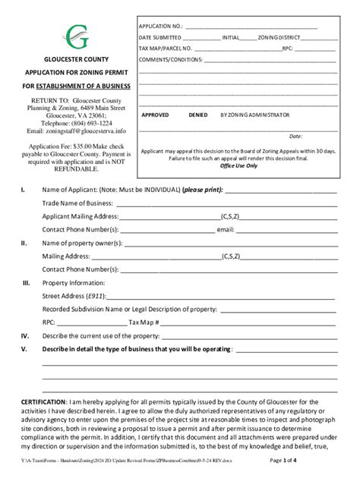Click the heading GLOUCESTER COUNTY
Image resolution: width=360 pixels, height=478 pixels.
coord(76,59)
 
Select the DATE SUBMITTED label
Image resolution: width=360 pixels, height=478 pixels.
coord(159,37)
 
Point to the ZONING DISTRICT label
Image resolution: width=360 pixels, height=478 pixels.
coord(279,37)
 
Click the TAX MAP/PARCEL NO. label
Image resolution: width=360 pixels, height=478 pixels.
coord(165,48)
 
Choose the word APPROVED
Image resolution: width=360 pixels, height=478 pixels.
coord(156,115)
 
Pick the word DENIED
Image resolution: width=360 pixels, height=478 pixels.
coord(197,115)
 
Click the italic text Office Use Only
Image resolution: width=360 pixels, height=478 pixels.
coord(238,165)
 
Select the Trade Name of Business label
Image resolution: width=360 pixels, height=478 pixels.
coord(77,203)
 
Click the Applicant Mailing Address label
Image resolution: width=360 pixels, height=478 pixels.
coord(80,216)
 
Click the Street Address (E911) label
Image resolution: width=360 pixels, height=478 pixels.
coord(74,296)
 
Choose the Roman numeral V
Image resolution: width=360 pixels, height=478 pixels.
coord(24,349)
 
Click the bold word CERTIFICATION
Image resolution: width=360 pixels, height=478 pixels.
coord(43,401)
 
